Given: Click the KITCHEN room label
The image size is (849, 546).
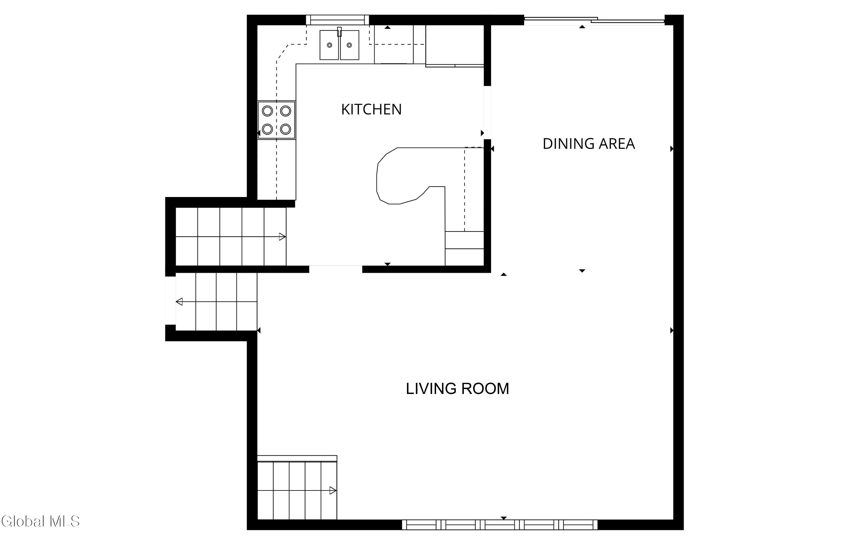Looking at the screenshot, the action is pos(371,110).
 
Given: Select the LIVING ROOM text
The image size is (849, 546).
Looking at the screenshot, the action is pos(457,389).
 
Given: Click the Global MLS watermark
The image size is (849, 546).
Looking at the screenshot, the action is pos(40,521).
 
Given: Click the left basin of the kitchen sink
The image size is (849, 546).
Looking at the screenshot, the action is pos(329,45).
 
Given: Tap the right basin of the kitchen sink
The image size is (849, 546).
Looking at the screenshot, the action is pos(350,45).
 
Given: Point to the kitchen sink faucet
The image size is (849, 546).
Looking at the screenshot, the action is pos(339,31).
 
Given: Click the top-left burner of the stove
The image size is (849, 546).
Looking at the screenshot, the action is pos(267,111).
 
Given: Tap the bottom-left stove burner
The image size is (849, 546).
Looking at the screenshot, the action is pos(267,129).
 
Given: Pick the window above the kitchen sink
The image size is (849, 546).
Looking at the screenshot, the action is pos(337,20).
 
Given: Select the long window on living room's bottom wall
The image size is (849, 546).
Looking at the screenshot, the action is pos(499,525).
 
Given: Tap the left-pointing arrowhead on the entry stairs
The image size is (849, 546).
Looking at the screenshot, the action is pos(179,302).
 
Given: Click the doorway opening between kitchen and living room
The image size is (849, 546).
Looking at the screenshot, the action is pos(336,269).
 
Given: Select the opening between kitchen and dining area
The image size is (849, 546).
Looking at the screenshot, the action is pos(487,112).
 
